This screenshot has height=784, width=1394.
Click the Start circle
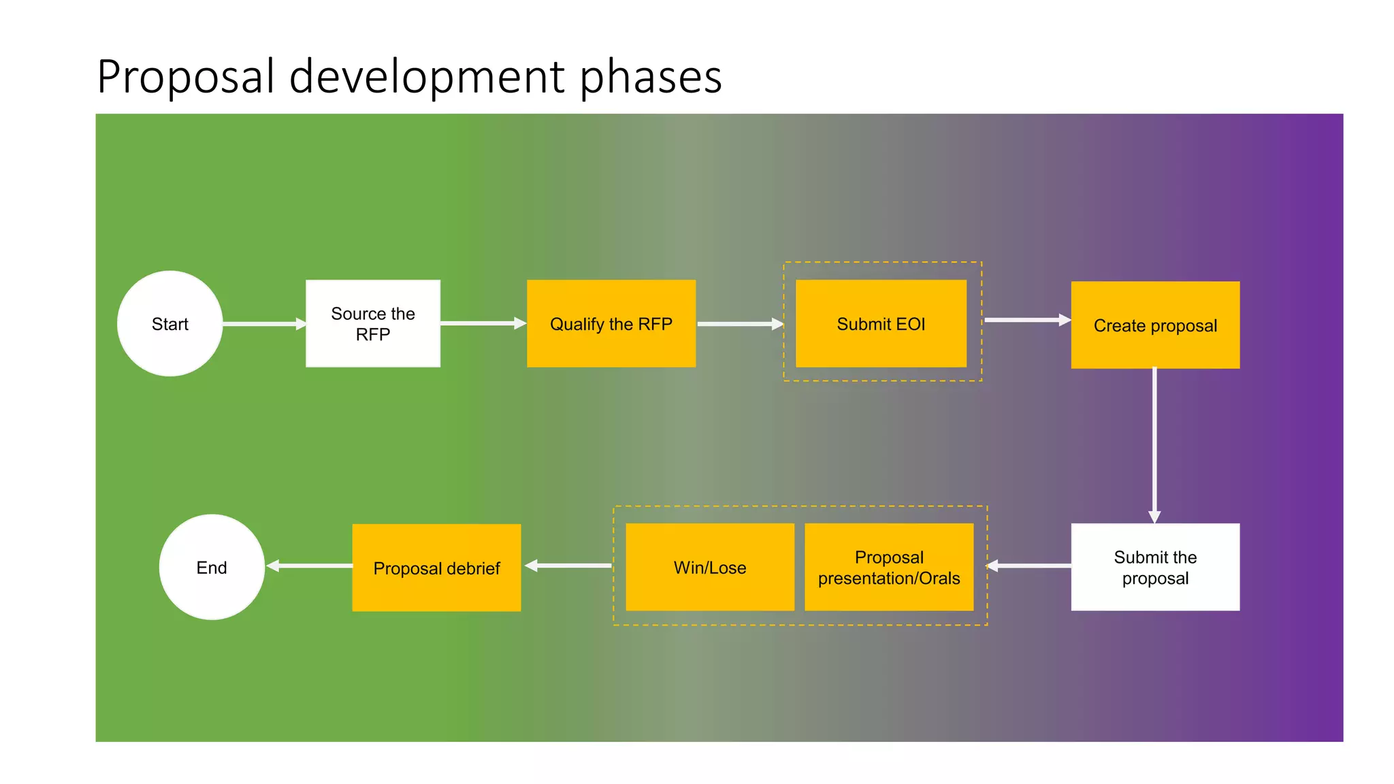[169, 324]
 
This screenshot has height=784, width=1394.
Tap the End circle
[212, 567]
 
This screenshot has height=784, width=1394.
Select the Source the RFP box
[373, 323]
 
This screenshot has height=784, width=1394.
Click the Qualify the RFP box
[611, 323]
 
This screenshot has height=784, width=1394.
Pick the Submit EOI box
[881, 323]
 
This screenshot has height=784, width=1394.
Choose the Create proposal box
[1155, 325]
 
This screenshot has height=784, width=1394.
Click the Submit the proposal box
[1155, 567]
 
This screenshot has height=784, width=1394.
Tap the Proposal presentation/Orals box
[889, 567]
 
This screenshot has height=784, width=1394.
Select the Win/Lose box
[709, 567]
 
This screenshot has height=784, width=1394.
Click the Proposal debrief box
[436, 568]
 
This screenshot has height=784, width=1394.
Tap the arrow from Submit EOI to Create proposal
[1027, 320]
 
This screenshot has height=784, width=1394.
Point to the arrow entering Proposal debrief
[568, 566]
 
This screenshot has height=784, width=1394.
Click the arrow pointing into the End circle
[310, 566]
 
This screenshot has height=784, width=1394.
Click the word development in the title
[427, 76]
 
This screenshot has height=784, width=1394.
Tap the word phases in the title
[651, 76]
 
